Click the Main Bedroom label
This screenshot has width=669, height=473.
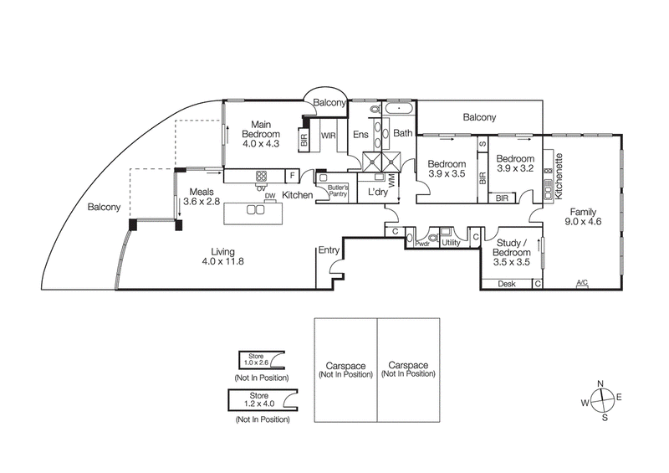click(261, 129)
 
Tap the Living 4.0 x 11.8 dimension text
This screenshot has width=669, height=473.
click(222, 261)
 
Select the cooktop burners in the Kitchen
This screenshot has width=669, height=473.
click(262, 176)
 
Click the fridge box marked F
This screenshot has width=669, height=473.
click(292, 176)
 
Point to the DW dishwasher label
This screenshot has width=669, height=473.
click(270, 196)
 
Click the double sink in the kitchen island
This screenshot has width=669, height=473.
click(255, 209)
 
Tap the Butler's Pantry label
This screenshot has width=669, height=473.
click(338, 191)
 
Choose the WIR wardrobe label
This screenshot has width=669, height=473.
click(328, 136)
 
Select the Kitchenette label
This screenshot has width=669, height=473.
click(559, 176)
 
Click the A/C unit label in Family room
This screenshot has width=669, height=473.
click(582, 283)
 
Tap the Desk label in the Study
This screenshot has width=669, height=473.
click(507, 284)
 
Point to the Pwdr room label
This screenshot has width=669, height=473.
click(422, 244)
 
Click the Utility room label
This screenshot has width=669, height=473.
click(451, 243)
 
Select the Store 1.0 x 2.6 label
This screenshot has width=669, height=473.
click(256, 359)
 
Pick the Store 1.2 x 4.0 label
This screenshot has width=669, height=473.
click(259, 399)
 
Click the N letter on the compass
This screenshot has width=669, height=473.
click(600, 383)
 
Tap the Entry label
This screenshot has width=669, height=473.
click(329, 250)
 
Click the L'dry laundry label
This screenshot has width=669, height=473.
click(378, 193)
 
